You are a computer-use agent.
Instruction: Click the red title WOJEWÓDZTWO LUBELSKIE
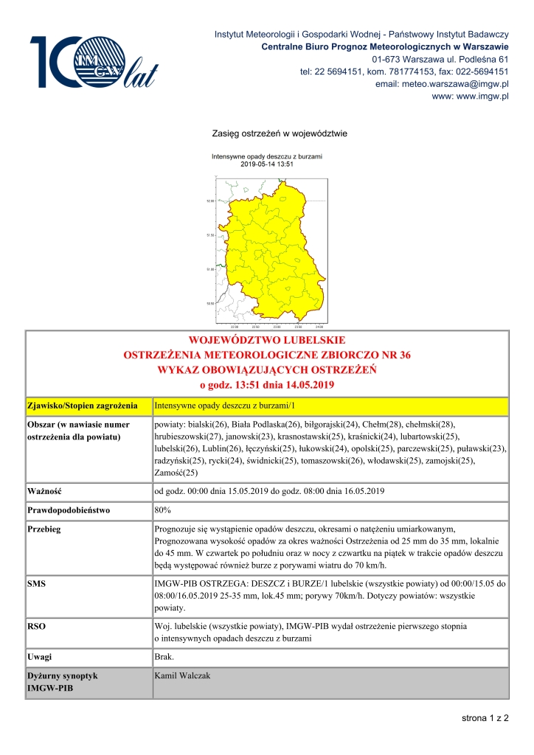click(x=268, y=341)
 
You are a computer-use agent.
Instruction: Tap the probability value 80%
click(x=164, y=509)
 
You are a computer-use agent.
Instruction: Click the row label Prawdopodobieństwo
click(x=68, y=509)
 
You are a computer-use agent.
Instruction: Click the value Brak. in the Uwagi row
click(x=164, y=655)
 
